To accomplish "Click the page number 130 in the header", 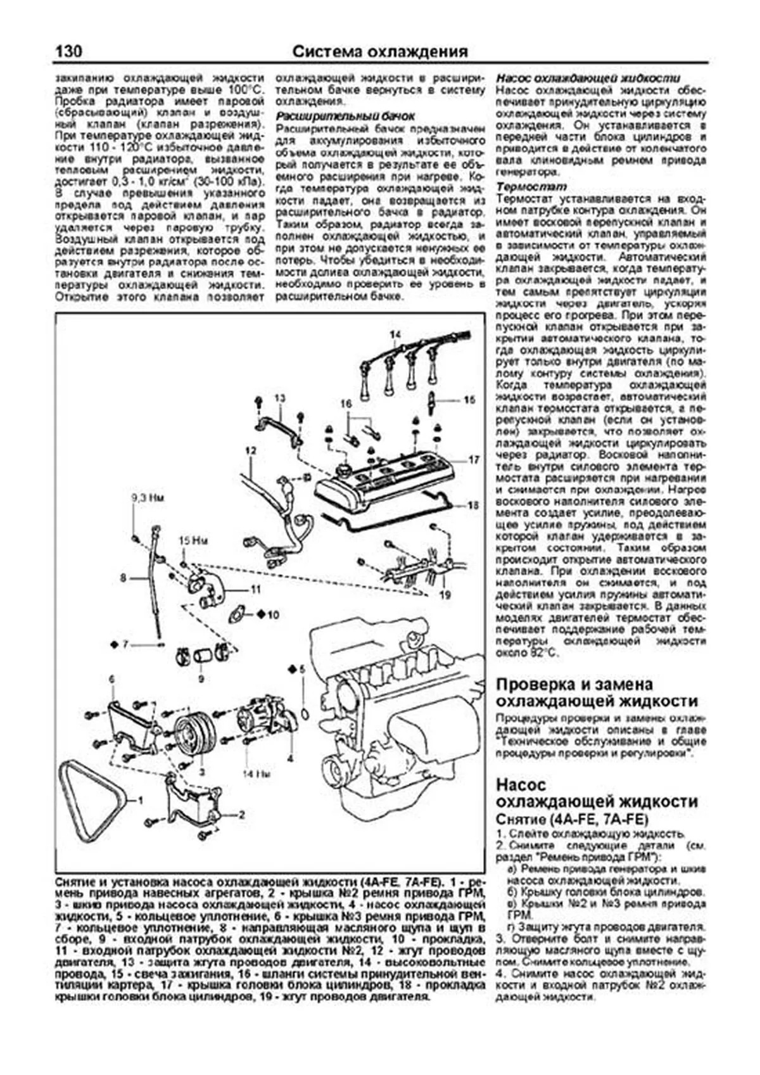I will click(68, 51).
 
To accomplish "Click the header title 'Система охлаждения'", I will click(380, 51).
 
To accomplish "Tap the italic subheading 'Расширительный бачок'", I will click(346, 116).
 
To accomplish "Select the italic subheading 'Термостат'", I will click(522, 187).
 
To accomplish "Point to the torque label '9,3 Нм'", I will click(148, 499).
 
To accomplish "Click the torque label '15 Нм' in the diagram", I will click(193, 540).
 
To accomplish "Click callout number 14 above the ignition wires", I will click(395, 335).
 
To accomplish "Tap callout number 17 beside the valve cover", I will click(474, 460).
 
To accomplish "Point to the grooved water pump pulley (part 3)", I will click(194, 739).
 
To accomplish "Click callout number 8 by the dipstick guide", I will click(124, 578).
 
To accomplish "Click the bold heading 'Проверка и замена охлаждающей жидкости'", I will click(597, 692).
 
